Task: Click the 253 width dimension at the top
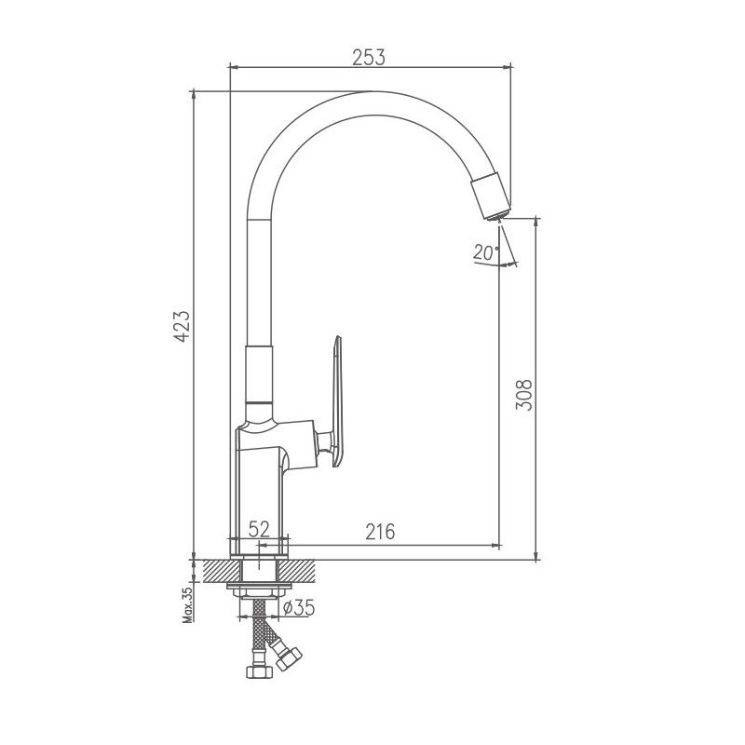click(369, 56)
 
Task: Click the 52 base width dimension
click(259, 529)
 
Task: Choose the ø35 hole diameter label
click(298, 607)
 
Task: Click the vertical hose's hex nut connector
click(253, 670)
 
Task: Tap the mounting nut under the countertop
click(261, 589)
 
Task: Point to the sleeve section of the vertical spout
click(260, 373)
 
